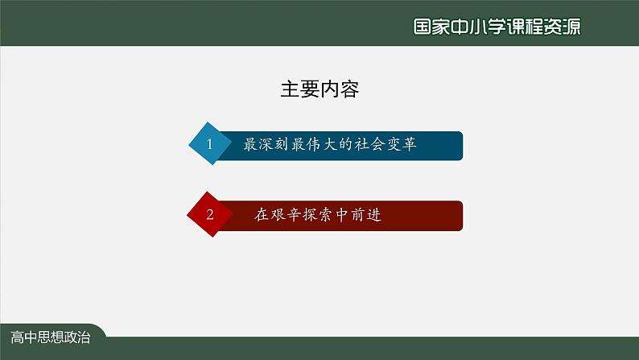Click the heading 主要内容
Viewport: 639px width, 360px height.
click(x=319, y=89)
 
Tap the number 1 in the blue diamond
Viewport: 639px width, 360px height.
click(x=209, y=144)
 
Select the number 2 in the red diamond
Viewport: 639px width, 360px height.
click(x=210, y=214)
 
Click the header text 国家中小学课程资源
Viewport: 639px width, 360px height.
click(x=497, y=27)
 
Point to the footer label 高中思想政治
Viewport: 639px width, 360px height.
click(x=51, y=337)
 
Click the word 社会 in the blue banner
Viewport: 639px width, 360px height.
click(x=369, y=144)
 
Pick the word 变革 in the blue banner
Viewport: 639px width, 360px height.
click(x=402, y=144)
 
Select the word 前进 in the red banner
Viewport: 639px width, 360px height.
click(x=366, y=215)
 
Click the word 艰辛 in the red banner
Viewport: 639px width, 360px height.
click(x=286, y=215)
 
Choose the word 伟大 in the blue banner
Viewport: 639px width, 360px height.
click(x=322, y=144)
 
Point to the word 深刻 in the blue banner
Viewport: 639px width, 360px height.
click(x=274, y=144)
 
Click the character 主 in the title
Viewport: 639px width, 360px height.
click(x=291, y=89)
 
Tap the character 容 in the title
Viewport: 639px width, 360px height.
click(x=349, y=89)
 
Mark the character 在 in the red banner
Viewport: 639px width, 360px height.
click(x=262, y=215)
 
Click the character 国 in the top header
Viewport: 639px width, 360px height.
click(x=423, y=27)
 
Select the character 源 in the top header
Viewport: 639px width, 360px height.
click(x=571, y=27)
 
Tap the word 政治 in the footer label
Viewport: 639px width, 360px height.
click(x=77, y=337)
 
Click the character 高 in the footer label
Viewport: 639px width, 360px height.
click(x=17, y=337)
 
